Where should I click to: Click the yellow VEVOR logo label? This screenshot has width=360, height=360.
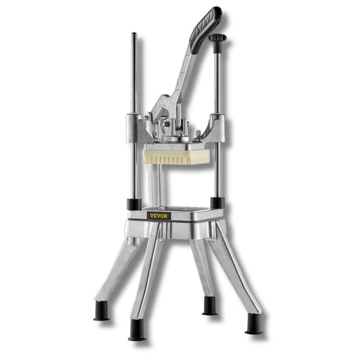pos(159,216)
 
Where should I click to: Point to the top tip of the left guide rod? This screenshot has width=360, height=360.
pos(134,33)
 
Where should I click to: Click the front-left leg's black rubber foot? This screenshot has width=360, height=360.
pos(137,329)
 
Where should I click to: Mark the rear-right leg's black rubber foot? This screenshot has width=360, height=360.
pos(209,306)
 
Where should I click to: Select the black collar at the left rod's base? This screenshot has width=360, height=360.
pos(134,205)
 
